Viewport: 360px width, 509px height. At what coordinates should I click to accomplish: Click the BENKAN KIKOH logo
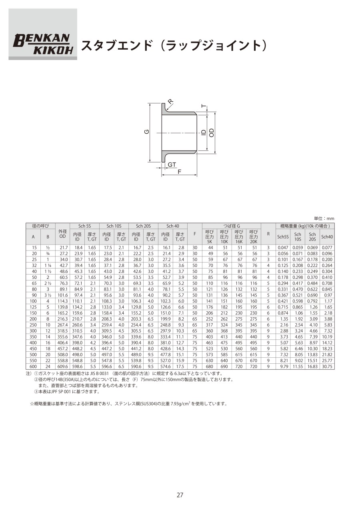[x=43, y=43]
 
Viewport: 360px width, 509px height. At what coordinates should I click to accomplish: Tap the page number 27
[x=180, y=495]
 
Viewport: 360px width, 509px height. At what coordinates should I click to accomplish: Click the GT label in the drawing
[x=172, y=164]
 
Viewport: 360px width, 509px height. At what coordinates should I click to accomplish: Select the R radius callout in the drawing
[x=171, y=102]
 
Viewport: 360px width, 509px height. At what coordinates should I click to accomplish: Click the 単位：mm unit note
[x=324, y=218]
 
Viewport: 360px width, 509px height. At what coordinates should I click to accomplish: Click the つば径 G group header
[x=232, y=226]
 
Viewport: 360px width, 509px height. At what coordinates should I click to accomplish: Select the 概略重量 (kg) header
[x=305, y=226]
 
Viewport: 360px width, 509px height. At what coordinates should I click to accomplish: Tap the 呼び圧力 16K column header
[x=239, y=236]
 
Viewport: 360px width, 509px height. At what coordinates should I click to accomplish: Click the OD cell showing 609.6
[x=62, y=366]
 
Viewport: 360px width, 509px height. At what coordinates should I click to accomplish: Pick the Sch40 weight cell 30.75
[x=327, y=366]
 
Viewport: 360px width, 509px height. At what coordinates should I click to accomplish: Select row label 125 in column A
[x=33, y=307]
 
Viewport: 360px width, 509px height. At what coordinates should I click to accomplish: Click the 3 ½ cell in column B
[x=48, y=295]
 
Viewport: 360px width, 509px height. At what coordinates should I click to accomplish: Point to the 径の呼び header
[x=40, y=226]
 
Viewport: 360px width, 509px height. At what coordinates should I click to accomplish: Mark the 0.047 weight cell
[x=283, y=248]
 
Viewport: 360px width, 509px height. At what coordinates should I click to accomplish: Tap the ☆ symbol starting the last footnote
[x=32, y=404]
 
